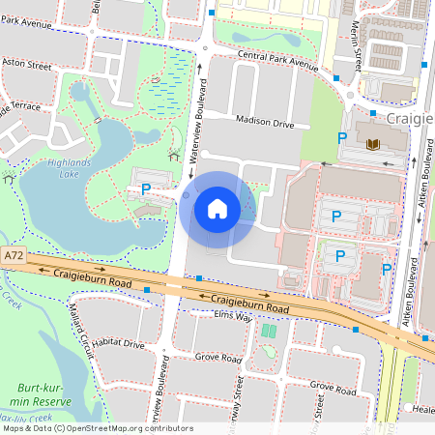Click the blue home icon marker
point(217,209)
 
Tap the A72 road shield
point(13,256)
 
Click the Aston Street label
point(26,66)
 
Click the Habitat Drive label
point(115,344)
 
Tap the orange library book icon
point(373,144)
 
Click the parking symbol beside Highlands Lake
point(146,188)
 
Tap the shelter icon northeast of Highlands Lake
point(174,155)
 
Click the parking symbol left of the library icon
point(341,138)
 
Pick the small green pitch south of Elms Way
point(268,332)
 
